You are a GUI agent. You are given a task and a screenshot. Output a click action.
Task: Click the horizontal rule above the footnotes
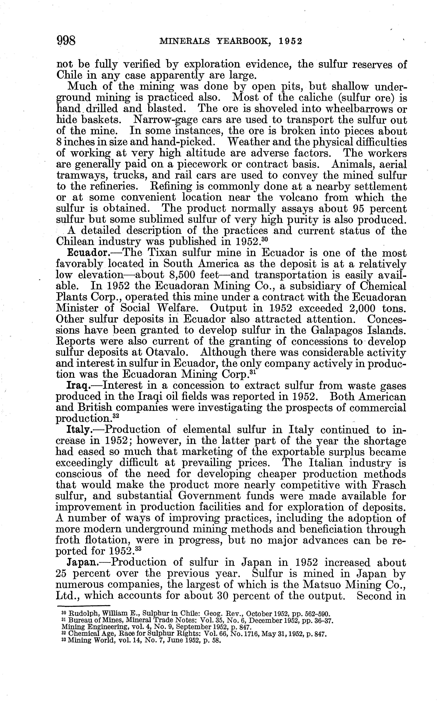pos(83,605)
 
